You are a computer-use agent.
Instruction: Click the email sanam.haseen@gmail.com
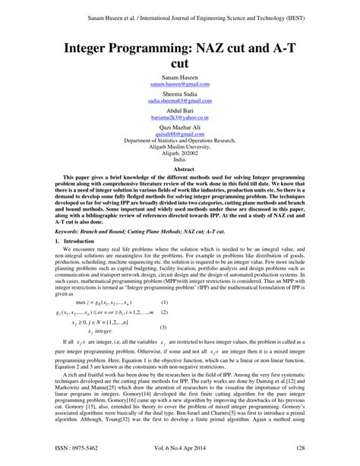pos(180,84)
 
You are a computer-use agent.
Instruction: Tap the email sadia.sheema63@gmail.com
pos(180,100)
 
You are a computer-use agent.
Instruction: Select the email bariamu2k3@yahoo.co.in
pos(180,115)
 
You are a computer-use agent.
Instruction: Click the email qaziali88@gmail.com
pos(180,131)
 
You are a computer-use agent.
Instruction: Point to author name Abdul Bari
pos(180,108)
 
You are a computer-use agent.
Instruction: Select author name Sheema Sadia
pos(180,93)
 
